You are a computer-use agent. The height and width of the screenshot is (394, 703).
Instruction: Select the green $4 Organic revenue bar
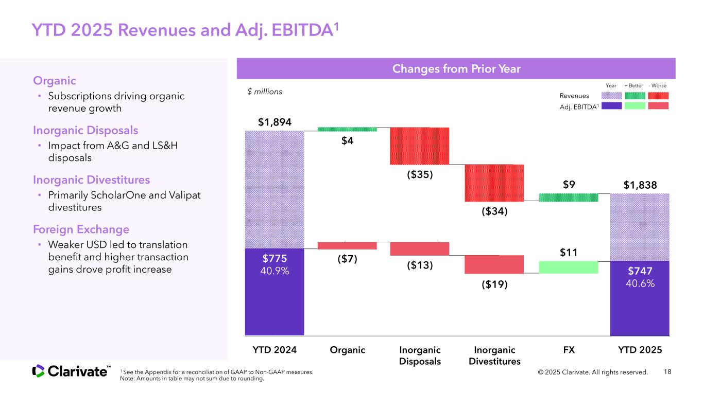[347, 129]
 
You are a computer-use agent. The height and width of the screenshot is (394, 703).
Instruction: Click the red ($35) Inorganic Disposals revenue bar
[420, 146]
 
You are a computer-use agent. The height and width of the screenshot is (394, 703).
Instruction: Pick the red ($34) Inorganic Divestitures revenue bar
[494, 183]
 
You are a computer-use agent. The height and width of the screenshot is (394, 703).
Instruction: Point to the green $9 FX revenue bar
[569, 197]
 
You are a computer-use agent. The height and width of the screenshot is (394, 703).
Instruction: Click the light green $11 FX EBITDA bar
[569, 267]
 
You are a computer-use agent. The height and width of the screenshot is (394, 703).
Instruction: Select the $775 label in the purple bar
[275, 258]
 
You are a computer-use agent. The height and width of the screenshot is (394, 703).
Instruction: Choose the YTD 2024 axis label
[275, 350]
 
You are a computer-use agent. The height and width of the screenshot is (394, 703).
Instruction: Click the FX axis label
[569, 350]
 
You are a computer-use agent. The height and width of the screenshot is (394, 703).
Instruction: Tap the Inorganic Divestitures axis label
[494, 355]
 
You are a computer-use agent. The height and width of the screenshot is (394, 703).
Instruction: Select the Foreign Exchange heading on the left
[81, 229]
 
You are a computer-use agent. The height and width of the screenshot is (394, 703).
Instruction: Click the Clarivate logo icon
[39, 371]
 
